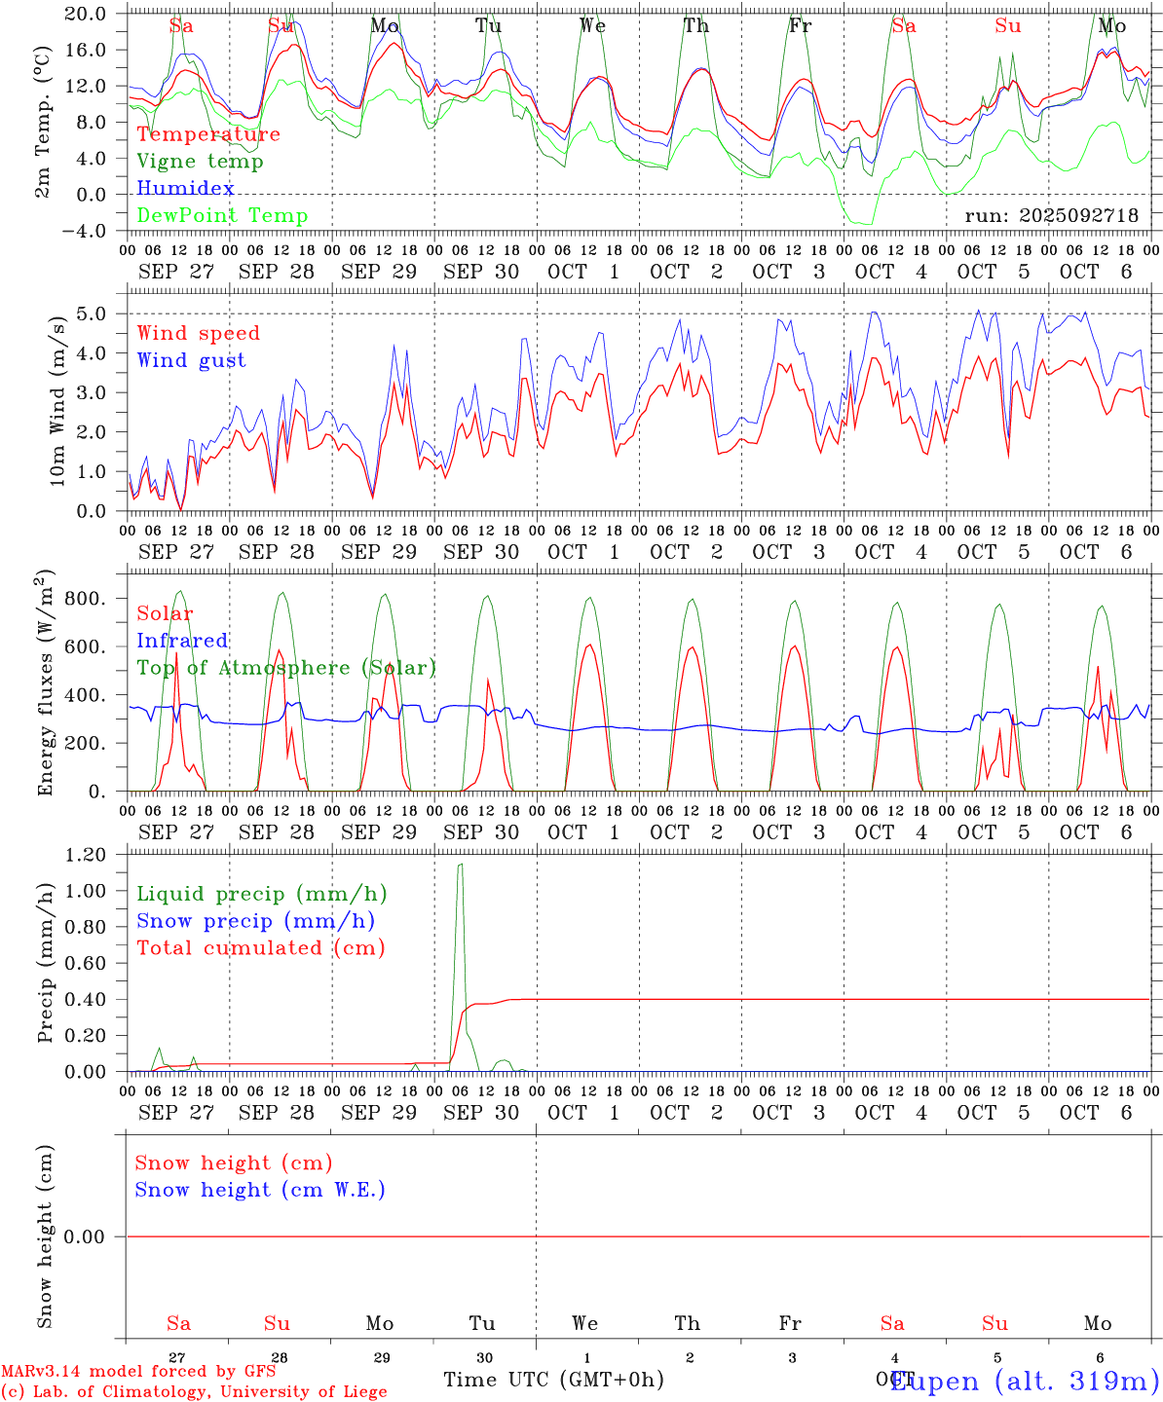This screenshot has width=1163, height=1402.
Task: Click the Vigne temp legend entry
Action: tap(200, 162)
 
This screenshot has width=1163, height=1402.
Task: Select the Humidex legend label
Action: tap(185, 189)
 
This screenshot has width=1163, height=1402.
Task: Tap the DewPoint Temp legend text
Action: tap(222, 216)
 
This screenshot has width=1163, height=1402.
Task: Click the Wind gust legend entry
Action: tap(191, 360)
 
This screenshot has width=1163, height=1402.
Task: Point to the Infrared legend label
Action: tap(182, 641)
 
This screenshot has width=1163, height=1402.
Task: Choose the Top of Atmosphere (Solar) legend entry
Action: tap(285, 668)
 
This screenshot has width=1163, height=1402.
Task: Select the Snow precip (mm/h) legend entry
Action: tap(255, 921)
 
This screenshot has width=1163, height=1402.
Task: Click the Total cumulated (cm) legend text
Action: tap(260, 948)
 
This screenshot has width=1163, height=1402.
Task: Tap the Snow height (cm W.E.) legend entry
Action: tap(259, 1190)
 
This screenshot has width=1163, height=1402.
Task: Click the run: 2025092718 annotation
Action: tap(1051, 216)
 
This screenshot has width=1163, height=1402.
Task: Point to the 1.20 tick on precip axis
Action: tap(86, 855)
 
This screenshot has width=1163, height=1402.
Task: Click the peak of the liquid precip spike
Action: tap(460, 865)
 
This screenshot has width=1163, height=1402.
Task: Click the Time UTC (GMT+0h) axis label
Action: tap(553, 1380)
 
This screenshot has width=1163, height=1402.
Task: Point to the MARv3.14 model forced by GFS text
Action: tap(138, 1372)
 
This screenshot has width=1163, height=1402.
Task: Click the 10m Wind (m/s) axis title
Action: tap(57, 401)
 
